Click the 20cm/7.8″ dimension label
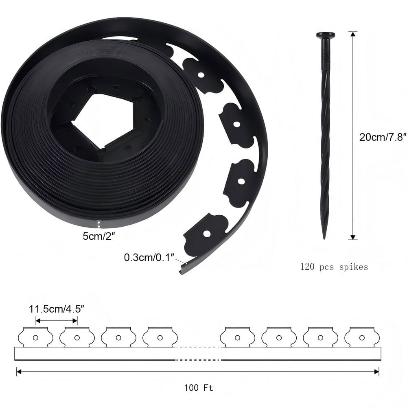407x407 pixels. pyautogui.click(x=383, y=137)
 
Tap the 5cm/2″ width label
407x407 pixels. pyautogui.click(x=98, y=236)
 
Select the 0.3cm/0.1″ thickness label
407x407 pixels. pyautogui.click(x=149, y=257)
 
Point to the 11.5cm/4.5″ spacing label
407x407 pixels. pyautogui.click(x=57, y=309)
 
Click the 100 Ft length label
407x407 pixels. pyautogui.click(x=198, y=387)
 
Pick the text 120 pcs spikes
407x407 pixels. pyautogui.click(x=334, y=267)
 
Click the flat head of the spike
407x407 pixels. pyautogui.click(x=325, y=35)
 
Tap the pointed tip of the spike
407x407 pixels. pyautogui.click(x=325, y=237)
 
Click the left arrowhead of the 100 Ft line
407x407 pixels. pyautogui.click(x=18, y=371)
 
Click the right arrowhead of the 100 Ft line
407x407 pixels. pyautogui.click(x=377, y=371)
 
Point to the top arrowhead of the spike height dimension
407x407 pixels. pyautogui.click(x=353, y=33)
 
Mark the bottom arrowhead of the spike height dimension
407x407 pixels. pyautogui.click(x=353, y=238)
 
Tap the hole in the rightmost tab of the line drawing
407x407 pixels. pyautogui.click(x=362, y=337)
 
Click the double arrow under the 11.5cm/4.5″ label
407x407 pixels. pyautogui.click(x=57, y=321)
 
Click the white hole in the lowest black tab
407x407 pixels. pyautogui.click(x=206, y=234)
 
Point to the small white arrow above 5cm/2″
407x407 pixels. pyautogui.click(x=98, y=224)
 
